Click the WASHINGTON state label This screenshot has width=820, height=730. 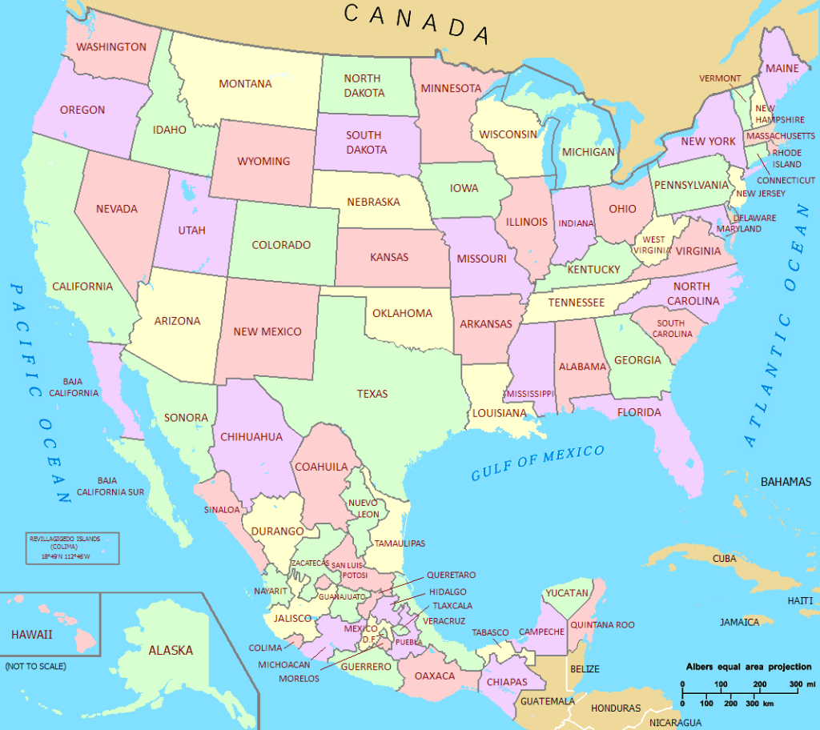pyautogui.click(x=111, y=47)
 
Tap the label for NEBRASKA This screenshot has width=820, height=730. pyautogui.click(x=373, y=202)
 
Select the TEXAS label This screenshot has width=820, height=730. pyautogui.click(x=372, y=394)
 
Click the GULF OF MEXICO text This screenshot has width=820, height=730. pyautogui.click(x=537, y=463)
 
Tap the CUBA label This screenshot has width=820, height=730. pyautogui.click(x=724, y=558)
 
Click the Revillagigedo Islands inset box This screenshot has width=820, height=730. pyautogui.click(x=71, y=548)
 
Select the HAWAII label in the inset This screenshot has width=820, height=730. pyautogui.click(x=31, y=635)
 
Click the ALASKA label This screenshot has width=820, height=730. pyautogui.click(x=171, y=650)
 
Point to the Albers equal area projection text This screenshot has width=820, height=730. pyautogui.click(x=748, y=667)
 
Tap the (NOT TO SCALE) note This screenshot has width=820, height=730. pyautogui.click(x=35, y=666)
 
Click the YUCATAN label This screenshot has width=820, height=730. pyautogui.click(x=567, y=593)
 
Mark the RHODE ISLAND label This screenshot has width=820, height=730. pyautogui.click(x=786, y=158)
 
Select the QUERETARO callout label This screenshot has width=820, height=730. pyautogui.click(x=451, y=575)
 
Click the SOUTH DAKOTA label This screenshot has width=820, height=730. pyautogui.click(x=364, y=142)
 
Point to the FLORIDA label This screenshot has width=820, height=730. pyautogui.click(x=638, y=412)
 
